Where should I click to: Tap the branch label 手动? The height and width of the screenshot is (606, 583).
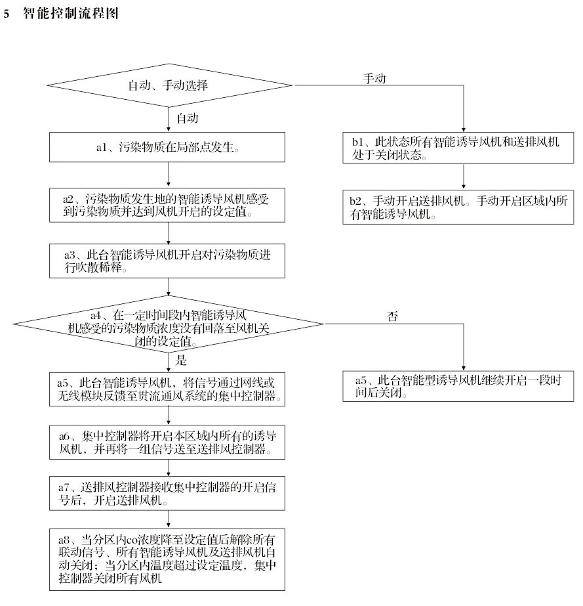(x=374, y=77)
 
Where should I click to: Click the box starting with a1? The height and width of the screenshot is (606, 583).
(x=169, y=148)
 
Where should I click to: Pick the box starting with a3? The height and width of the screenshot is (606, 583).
(x=169, y=261)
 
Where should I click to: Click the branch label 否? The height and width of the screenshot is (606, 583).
(x=393, y=316)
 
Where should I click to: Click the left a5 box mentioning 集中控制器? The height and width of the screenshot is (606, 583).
(x=169, y=389)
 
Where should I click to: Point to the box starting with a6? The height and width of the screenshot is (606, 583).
(x=169, y=442)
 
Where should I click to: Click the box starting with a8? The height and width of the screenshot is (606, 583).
(x=169, y=557)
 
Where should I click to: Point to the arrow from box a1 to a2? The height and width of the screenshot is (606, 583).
(x=169, y=175)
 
